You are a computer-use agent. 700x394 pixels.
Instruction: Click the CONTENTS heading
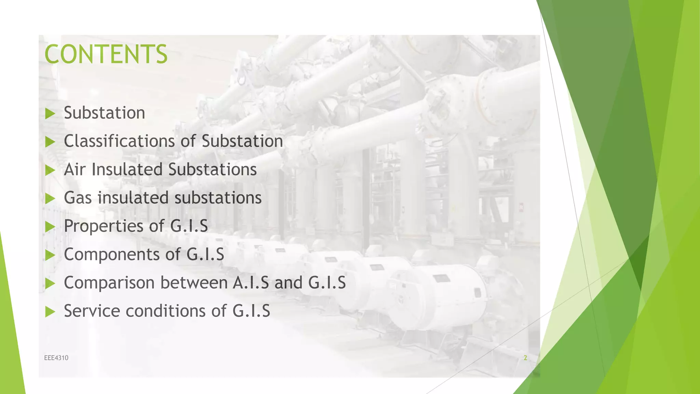(x=106, y=54)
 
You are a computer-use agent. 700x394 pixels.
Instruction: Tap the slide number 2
(x=525, y=358)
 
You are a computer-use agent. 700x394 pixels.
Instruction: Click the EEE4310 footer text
(x=56, y=358)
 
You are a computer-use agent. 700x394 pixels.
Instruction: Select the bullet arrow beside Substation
(x=50, y=114)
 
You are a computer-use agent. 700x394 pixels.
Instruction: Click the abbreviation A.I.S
(x=251, y=283)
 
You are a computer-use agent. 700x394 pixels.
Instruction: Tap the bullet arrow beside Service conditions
(x=50, y=312)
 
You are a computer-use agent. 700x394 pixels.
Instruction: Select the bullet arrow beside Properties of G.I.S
(x=50, y=227)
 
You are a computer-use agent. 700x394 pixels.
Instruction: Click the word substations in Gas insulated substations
(x=218, y=198)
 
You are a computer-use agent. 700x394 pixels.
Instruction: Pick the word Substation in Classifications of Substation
(x=242, y=141)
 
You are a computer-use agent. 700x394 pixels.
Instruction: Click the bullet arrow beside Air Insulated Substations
(x=50, y=170)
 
